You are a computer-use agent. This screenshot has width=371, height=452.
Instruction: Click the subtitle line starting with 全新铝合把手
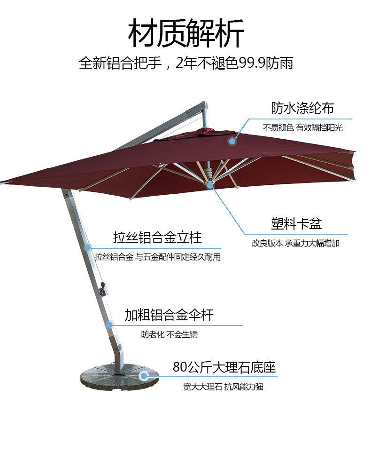186,63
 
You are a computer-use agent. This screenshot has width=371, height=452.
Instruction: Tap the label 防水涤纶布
302,108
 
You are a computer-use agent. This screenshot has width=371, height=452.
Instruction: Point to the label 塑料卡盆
296,223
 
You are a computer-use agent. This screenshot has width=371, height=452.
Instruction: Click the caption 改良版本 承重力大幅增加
295,244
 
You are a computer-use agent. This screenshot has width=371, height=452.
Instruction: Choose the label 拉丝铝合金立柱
157,237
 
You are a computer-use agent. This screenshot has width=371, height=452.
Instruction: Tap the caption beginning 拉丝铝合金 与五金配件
157,257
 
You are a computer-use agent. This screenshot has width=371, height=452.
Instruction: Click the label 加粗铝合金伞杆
169,315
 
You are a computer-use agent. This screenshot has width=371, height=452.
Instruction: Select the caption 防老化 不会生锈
170,335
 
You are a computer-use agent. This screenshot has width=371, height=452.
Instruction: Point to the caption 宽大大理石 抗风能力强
226,387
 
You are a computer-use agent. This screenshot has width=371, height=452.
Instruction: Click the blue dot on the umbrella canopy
232,140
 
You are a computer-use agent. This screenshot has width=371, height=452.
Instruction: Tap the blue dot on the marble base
144,375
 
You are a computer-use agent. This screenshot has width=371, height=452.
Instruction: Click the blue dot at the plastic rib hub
210,185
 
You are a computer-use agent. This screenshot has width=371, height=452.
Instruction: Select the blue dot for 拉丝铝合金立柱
87,247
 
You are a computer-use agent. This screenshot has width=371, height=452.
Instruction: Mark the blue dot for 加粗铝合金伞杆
109,324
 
